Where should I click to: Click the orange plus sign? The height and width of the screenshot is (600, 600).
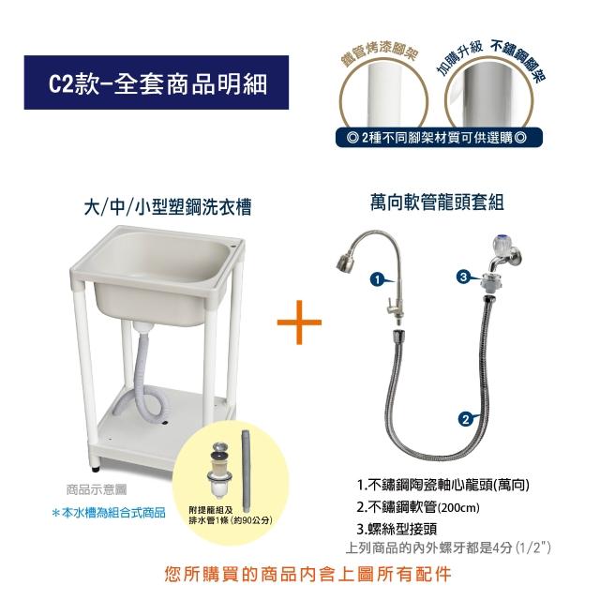(299, 322)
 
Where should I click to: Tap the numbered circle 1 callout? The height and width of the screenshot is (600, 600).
(377, 280)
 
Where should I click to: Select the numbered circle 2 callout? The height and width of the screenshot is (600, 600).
(465, 420)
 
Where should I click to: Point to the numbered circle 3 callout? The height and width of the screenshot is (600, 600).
(464, 277)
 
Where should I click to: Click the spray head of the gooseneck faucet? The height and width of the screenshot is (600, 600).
(345, 262)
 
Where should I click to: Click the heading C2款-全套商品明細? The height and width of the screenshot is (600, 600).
(157, 83)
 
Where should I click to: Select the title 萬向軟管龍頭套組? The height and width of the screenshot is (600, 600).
(437, 202)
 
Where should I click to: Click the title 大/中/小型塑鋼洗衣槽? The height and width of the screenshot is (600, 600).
(168, 208)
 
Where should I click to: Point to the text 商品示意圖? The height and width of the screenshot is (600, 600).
(97, 489)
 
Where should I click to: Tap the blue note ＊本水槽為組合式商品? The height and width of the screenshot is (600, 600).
(109, 513)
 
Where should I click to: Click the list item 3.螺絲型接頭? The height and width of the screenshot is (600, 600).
(397, 529)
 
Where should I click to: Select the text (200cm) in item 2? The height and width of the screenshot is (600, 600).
(458, 508)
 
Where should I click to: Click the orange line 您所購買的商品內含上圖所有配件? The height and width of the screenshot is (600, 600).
(308, 574)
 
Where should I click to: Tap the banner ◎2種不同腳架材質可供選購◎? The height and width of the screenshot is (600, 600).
(439, 138)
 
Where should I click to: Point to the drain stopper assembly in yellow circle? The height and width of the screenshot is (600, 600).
(217, 470)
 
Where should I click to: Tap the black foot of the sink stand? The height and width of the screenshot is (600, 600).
(96, 468)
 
